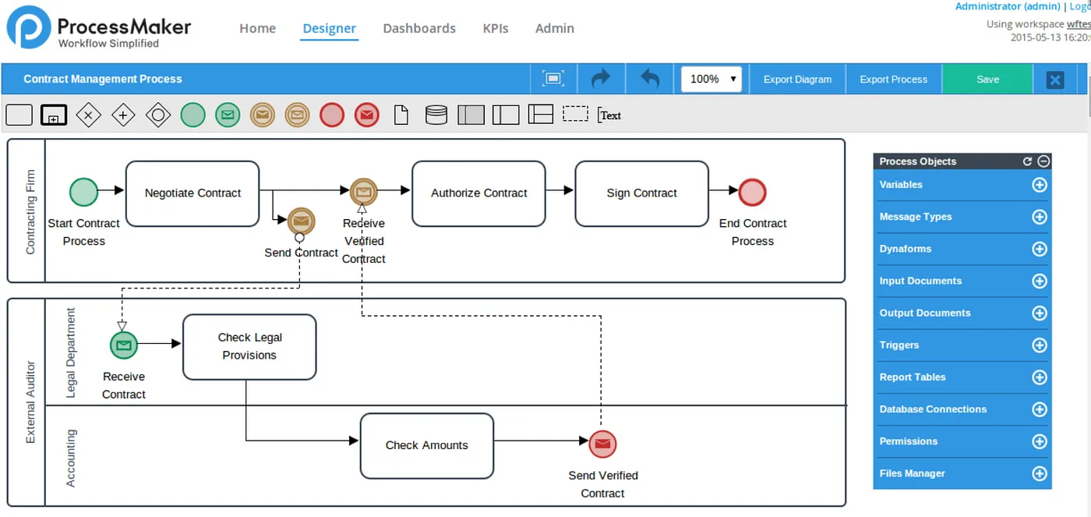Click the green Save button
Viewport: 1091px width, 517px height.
(987, 79)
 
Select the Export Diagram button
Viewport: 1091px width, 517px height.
(797, 79)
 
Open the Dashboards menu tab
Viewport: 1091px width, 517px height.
(419, 28)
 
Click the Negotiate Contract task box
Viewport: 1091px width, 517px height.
(192, 193)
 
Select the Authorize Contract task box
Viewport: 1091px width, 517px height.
(478, 193)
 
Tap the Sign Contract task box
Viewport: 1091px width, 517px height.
(641, 193)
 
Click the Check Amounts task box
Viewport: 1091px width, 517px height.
(427, 446)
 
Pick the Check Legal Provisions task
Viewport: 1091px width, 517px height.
(249, 346)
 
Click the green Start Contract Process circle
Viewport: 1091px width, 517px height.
(84, 192)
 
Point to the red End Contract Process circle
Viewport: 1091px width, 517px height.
(752, 192)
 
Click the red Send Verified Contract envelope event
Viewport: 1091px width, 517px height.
(602, 444)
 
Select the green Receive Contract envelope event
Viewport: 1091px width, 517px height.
(124, 345)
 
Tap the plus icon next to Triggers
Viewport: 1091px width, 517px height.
(1039, 345)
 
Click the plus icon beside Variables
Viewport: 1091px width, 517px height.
(1039, 185)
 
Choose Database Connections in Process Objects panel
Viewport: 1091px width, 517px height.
(933, 409)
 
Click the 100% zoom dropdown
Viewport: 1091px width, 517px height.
(711, 79)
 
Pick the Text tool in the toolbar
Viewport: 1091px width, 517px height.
(609, 115)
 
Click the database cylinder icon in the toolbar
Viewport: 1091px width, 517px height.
(436, 115)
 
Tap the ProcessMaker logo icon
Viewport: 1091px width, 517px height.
(28, 27)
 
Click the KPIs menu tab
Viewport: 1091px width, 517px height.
(496, 28)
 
